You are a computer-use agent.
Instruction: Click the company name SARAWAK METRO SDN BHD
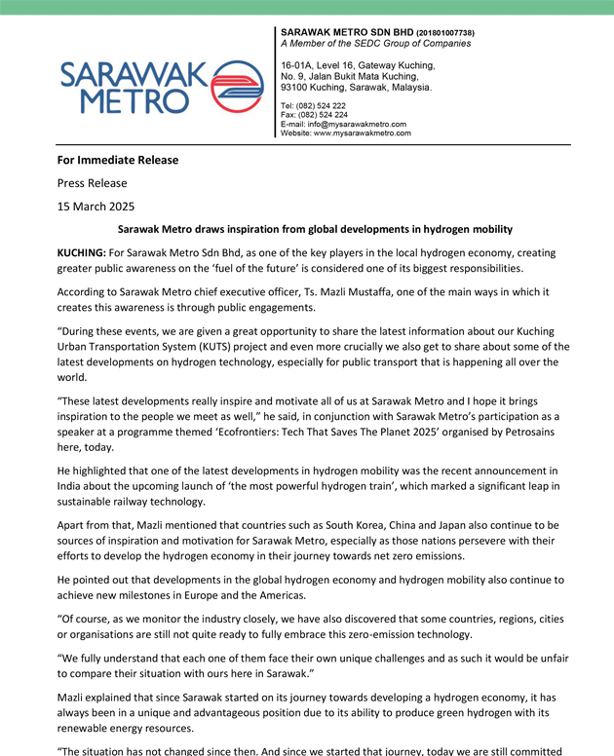pos(347,32)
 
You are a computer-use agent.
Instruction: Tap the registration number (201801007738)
pos(445,33)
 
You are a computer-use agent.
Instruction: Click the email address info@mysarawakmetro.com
pos(360,124)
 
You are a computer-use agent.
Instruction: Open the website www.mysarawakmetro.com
pos(365,133)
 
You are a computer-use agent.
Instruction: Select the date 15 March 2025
pos(95,206)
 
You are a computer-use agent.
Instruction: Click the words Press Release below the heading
pos(91,182)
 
